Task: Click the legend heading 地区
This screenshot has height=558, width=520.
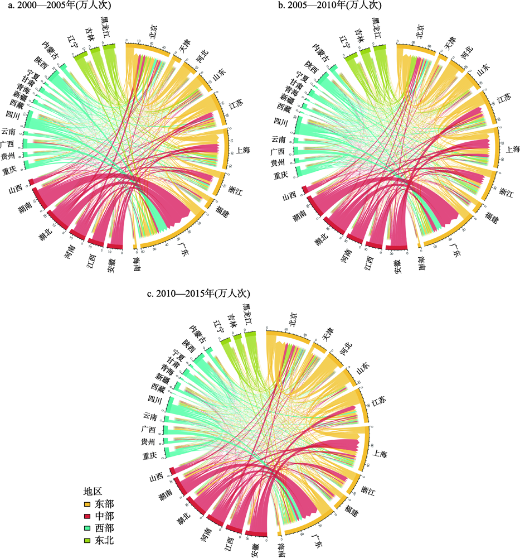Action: (93, 492)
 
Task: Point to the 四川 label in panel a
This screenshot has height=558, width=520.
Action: (13, 115)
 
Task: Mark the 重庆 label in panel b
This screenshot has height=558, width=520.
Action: (280, 175)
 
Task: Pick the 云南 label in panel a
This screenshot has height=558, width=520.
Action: (8, 132)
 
